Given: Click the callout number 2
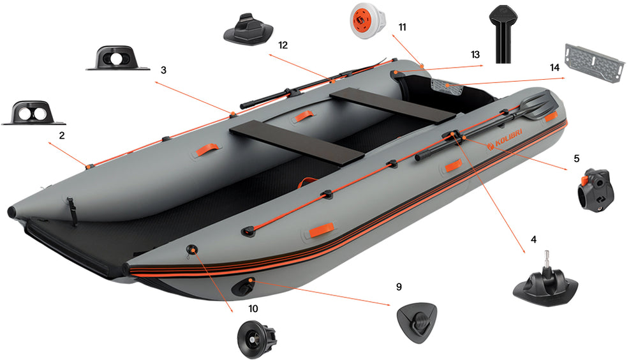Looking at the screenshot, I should (62, 135).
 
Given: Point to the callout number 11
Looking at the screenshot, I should (402, 27).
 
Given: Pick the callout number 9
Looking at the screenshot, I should (399, 287).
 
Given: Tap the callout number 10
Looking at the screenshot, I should (253, 308).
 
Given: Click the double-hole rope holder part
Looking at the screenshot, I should (33, 113).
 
